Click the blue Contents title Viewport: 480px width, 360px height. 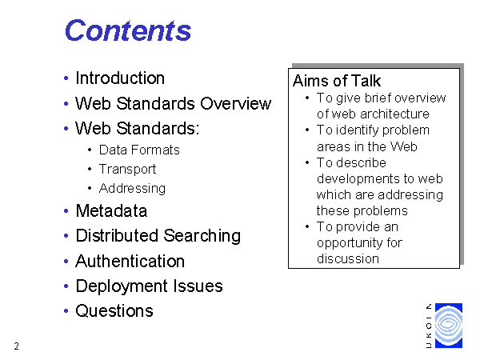128,30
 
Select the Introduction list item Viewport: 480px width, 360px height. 120,78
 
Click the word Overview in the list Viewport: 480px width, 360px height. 236,103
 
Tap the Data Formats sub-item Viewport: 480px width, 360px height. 139,150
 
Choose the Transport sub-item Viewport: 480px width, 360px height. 128,170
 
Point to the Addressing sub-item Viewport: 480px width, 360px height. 132,188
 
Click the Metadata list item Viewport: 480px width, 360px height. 111,211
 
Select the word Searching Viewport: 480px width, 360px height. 202,236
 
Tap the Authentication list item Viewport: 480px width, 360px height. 130,262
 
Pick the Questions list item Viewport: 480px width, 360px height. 114,311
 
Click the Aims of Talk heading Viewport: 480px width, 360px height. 337,81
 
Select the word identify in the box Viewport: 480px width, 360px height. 358,130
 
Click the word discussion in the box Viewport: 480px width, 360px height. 348,259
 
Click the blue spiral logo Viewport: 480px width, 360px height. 449,326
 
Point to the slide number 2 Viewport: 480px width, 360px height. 17,346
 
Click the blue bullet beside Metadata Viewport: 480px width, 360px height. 66,211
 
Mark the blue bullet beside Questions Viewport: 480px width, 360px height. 66,311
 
